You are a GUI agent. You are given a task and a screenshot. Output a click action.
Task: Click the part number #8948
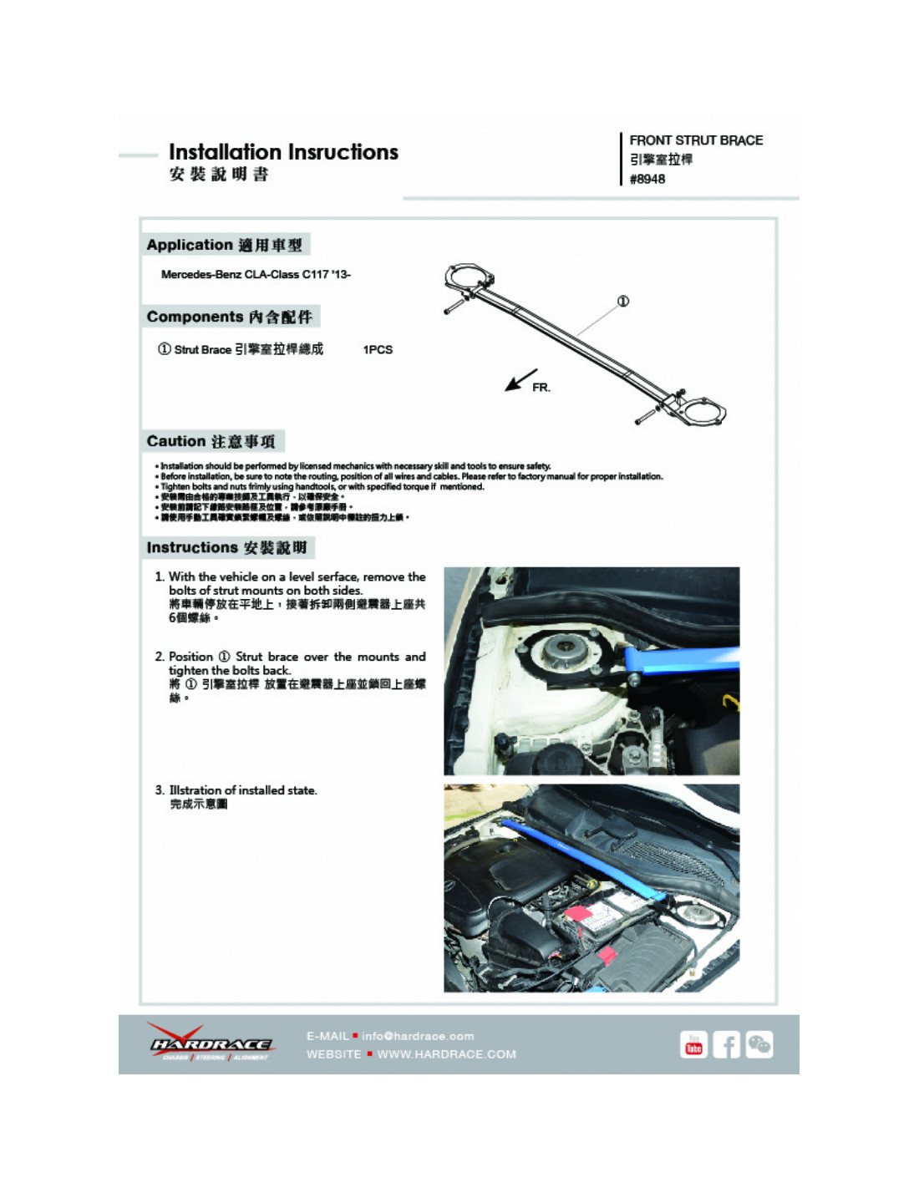click(647, 179)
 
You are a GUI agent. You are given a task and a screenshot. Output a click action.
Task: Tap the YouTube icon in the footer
click(693, 1044)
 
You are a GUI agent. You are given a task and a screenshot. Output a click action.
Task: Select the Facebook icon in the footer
click(726, 1044)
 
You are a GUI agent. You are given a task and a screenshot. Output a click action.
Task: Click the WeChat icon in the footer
click(759, 1044)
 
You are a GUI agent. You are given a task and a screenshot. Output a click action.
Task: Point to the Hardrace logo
click(211, 1043)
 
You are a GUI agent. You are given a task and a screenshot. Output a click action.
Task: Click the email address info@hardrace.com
click(418, 1036)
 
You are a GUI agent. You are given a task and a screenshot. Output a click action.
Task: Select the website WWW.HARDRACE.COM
click(446, 1054)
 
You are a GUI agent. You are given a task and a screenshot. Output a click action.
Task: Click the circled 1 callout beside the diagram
click(623, 301)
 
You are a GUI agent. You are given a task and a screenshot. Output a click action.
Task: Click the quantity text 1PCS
click(378, 349)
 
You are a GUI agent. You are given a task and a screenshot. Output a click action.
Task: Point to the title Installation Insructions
click(283, 152)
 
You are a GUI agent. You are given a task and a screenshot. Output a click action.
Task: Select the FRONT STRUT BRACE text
click(696, 140)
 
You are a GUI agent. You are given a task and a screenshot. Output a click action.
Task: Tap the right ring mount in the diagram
click(702, 412)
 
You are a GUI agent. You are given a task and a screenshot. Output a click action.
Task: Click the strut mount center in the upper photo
click(558, 647)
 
